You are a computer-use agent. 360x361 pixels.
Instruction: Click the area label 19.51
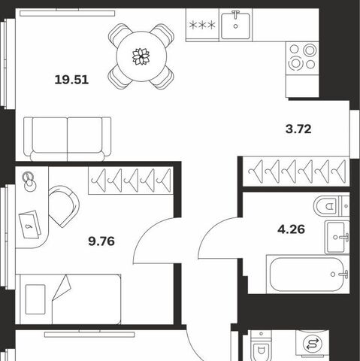click(71, 80)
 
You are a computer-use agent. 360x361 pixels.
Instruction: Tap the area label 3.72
click(298, 129)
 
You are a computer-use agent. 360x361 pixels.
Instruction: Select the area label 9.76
click(101, 241)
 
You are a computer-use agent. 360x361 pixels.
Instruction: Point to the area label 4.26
click(291, 229)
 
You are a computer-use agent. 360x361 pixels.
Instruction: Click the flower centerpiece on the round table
click(141, 56)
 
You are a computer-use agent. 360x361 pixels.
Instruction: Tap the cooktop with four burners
click(303, 58)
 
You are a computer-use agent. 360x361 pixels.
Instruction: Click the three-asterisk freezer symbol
click(202, 25)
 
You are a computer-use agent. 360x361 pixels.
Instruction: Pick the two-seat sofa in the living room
click(67, 139)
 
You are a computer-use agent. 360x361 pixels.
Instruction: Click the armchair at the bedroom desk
click(64, 206)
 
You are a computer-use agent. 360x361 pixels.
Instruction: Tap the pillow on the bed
click(35, 299)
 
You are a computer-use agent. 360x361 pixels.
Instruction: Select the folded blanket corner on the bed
click(62, 287)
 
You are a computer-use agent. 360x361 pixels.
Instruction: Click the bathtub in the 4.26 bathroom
click(307, 275)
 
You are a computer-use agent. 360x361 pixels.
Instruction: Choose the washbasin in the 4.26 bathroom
click(337, 237)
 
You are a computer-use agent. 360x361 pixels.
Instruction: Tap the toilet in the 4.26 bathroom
click(331, 206)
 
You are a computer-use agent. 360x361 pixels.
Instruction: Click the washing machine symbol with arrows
click(313, 344)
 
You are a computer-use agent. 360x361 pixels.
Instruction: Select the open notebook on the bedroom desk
click(30, 224)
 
